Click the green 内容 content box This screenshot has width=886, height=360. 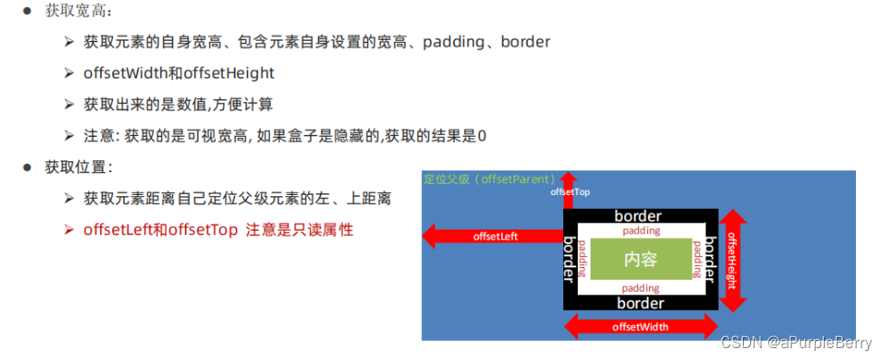pyautogui.click(x=640, y=259)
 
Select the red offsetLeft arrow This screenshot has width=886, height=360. pyautogui.click(x=492, y=237)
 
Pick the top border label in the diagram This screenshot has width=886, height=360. pyautogui.click(x=638, y=217)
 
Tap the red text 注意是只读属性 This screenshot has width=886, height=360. pyautogui.click(x=300, y=230)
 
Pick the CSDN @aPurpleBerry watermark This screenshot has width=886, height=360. pyautogui.click(x=796, y=343)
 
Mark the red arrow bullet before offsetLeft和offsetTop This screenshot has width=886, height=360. pyautogui.click(x=68, y=230)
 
